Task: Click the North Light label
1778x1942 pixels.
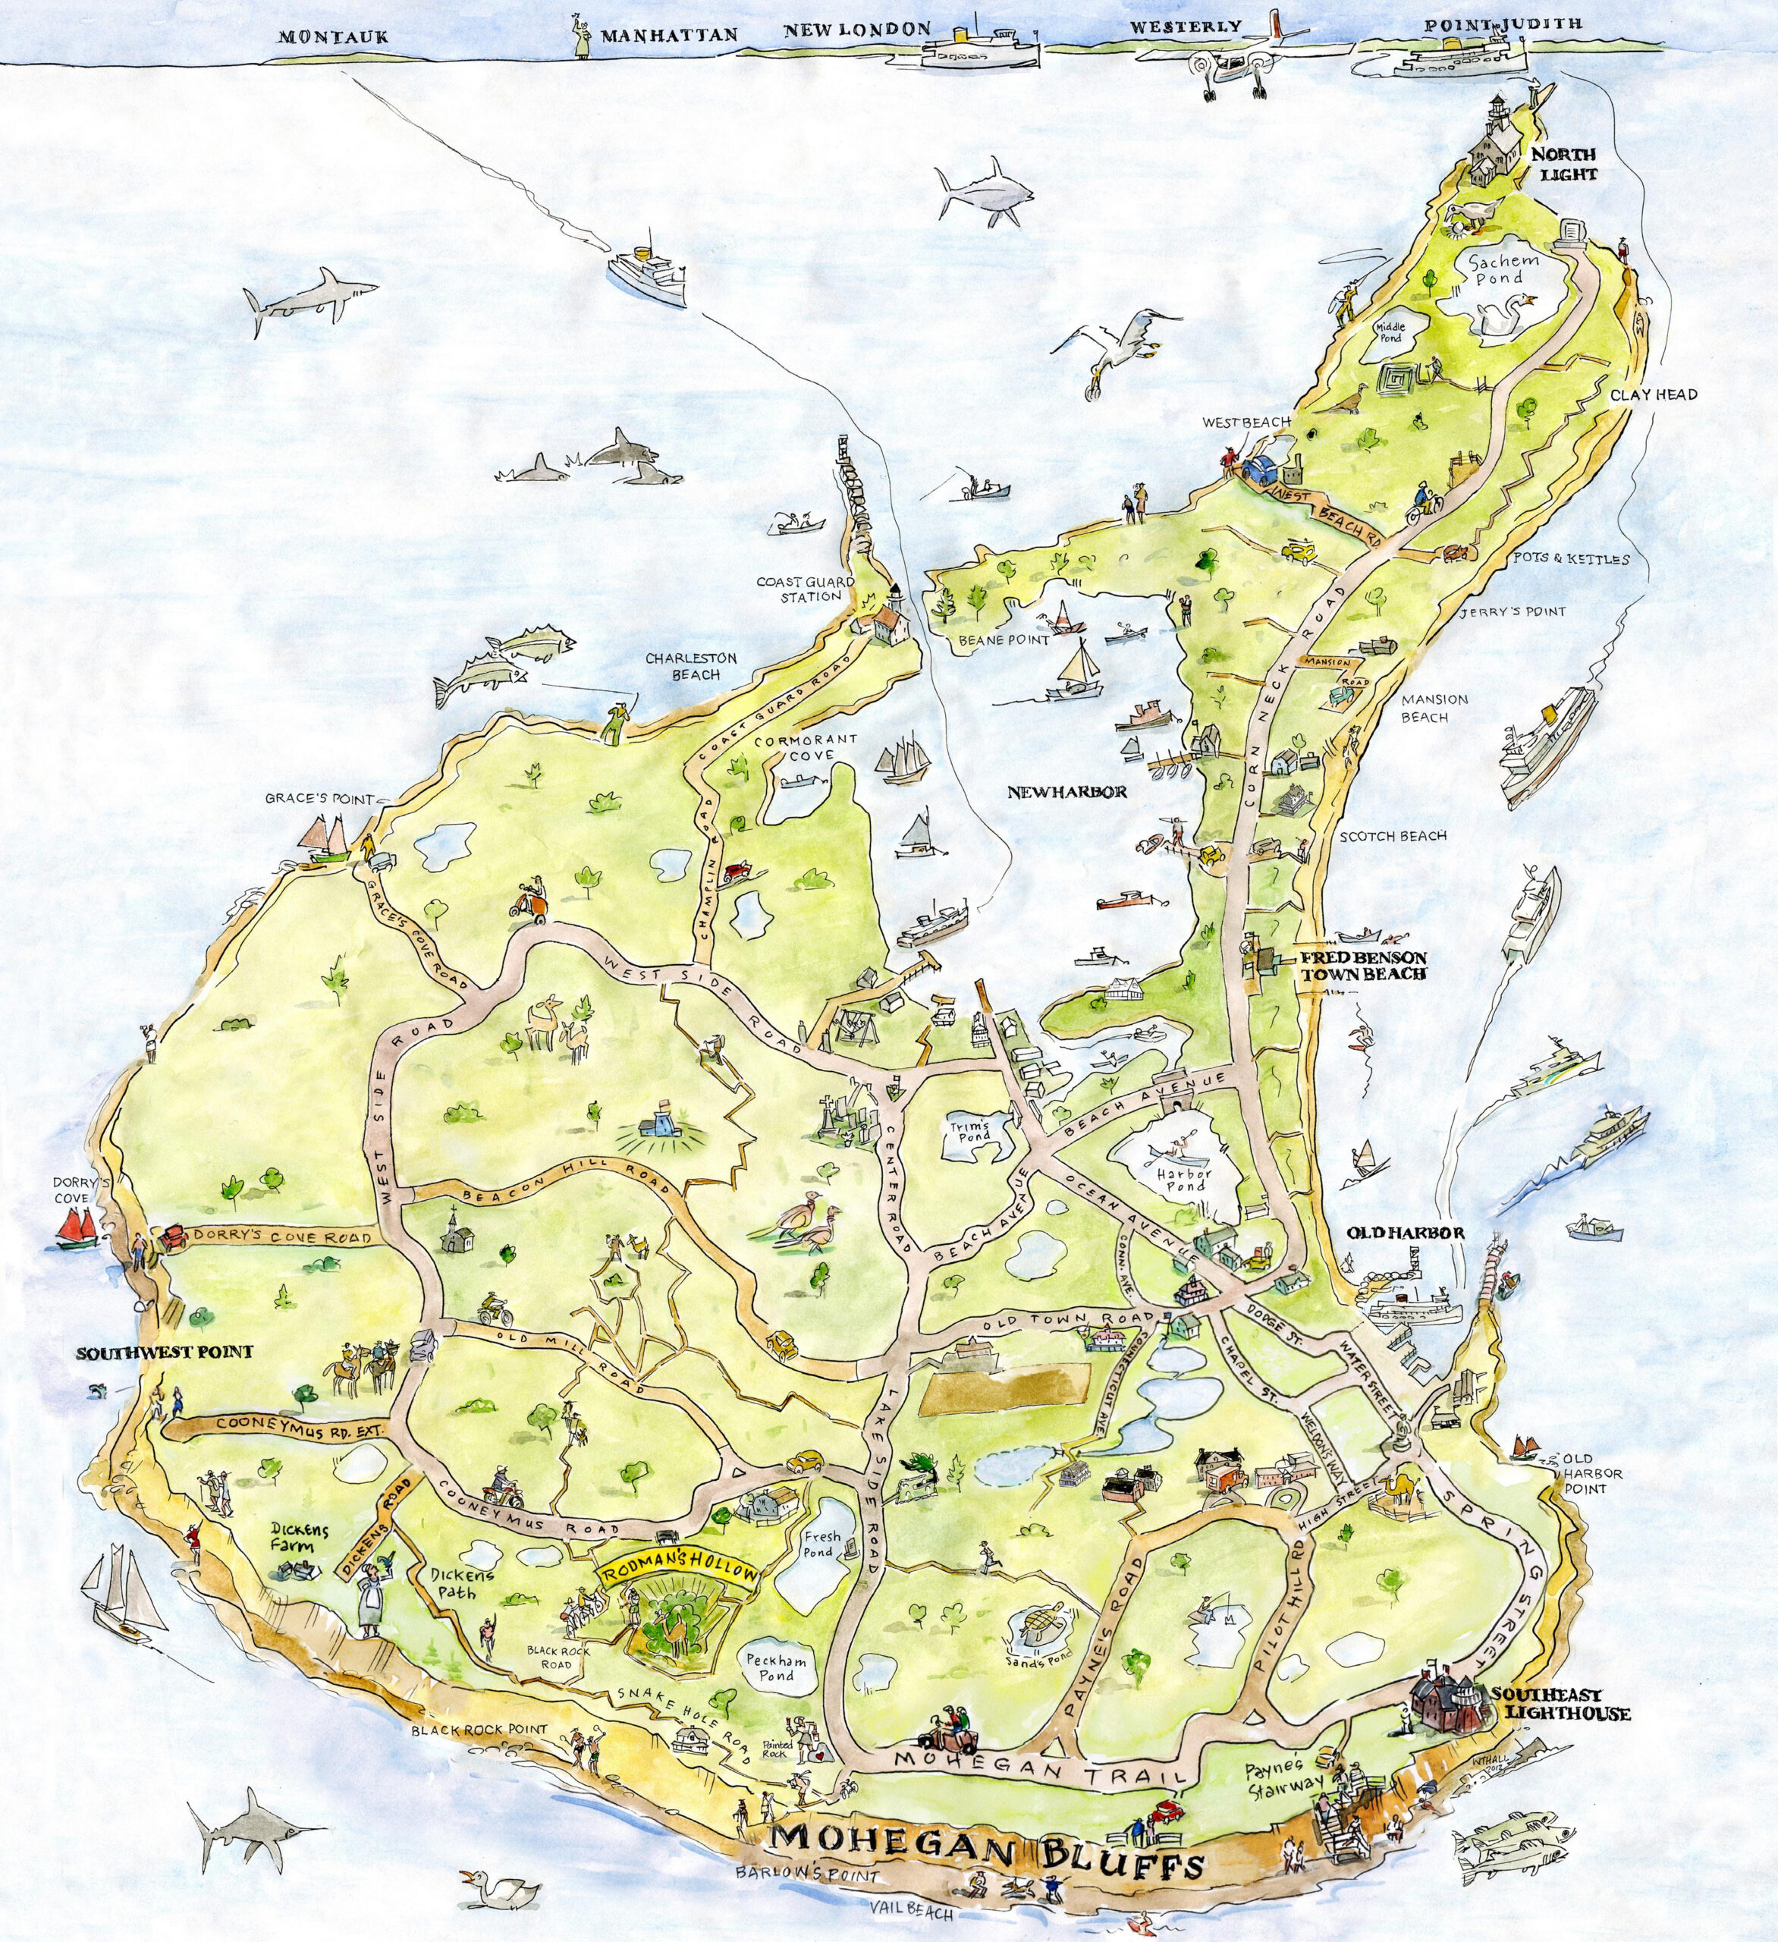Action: coord(1564,165)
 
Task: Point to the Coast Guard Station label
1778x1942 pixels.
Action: coord(799,589)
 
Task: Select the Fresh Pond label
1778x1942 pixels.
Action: coord(821,1545)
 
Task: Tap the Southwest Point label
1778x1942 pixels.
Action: coord(165,1353)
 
